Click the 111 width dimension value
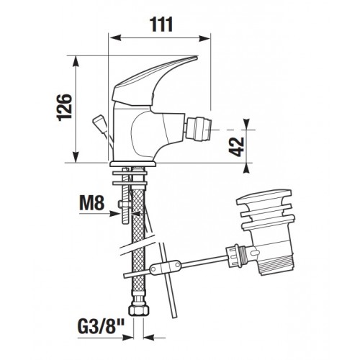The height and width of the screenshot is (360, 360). tap(161, 24)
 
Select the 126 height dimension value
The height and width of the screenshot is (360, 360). tap(64, 107)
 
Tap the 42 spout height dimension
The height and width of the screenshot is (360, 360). tap(236, 147)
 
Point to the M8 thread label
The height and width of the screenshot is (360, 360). tap(92, 203)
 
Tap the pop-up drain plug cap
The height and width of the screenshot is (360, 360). tap(264, 197)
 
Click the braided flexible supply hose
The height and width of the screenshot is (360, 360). tap(138, 240)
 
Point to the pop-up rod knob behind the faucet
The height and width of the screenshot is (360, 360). tap(99, 125)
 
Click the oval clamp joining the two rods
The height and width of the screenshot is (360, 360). tap(166, 266)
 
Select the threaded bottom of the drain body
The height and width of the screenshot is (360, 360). tap(277, 265)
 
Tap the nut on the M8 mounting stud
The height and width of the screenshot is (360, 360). tap(125, 204)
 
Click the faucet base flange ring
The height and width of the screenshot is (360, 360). tap(132, 164)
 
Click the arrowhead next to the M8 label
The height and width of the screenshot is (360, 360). tap(114, 213)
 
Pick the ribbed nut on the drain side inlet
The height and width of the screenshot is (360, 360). tap(233, 256)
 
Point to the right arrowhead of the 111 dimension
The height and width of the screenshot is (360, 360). tap(204, 38)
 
